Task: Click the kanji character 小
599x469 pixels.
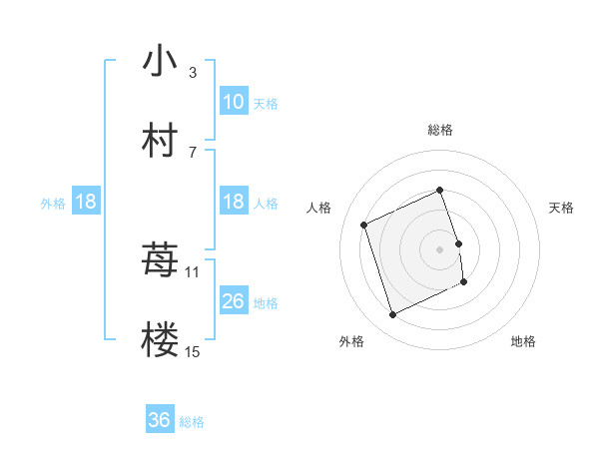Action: tap(160, 62)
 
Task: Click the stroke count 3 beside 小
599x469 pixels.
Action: tap(193, 73)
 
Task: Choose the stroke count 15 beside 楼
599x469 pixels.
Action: tap(193, 351)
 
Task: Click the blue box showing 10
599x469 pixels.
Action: tap(234, 102)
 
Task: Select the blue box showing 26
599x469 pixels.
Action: tap(234, 301)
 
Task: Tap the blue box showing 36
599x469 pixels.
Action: tap(160, 420)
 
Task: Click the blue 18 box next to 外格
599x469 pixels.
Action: tap(86, 202)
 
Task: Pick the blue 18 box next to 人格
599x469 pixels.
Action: tap(234, 202)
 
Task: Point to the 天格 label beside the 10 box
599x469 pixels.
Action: tap(266, 103)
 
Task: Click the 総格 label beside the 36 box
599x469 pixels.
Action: tap(192, 421)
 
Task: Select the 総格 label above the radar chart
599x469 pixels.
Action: tap(440, 130)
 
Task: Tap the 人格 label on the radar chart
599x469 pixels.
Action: tap(319, 208)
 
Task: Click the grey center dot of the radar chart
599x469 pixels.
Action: tap(440, 248)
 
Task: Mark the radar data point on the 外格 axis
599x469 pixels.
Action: tap(392, 315)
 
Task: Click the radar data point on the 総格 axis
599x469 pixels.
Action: tap(440, 190)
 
